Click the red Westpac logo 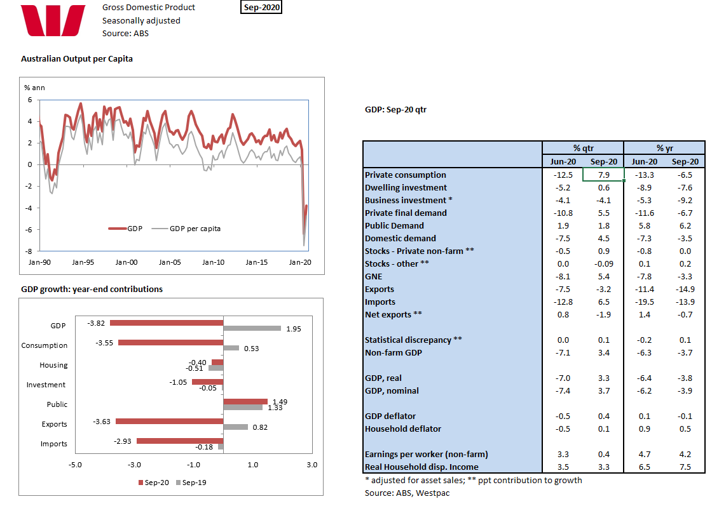[53, 20]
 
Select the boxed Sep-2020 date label [261, 8]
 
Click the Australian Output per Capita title [77, 58]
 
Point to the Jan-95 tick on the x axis [83, 262]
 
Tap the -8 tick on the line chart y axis [29, 251]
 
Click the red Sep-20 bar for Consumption [170, 343]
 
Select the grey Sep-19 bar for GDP [252, 328]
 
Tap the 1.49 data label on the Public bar [280, 401]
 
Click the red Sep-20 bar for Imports [179, 441]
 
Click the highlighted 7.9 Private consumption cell [603, 175]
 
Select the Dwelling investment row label [406, 187]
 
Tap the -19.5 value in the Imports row [644, 302]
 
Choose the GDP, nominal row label [392, 390]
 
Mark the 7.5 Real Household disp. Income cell [685, 467]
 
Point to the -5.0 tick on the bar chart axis [75, 465]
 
